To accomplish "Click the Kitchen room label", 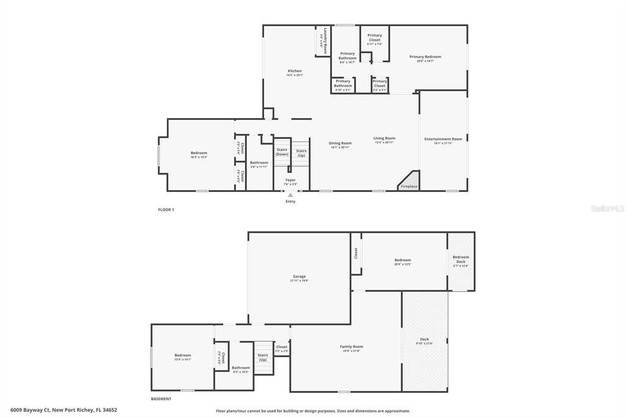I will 295,71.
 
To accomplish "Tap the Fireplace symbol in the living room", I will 408,182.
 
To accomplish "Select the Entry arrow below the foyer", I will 290,195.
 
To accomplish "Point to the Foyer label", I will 290,180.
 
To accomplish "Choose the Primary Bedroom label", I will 425,57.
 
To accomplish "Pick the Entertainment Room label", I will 443,139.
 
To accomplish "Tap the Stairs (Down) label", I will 282,152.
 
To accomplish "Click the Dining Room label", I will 341,143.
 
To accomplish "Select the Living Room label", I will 385,138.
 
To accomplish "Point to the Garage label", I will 298,276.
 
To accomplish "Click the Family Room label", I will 352,347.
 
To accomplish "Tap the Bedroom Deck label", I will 460,259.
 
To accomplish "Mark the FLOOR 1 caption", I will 166,210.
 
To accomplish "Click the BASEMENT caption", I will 161,399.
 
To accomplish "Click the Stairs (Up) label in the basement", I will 263,357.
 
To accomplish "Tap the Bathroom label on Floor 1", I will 259,162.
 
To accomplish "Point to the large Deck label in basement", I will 424,339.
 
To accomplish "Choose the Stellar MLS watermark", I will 607,208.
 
